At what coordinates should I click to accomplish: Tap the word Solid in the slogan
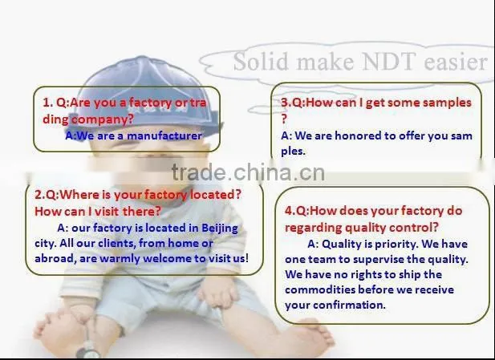pyautogui.click(x=261, y=62)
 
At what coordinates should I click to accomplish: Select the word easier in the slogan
pyautogui.click(x=456, y=62)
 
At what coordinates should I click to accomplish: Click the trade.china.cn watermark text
pyautogui.click(x=248, y=172)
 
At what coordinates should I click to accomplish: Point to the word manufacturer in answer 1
pyautogui.click(x=164, y=136)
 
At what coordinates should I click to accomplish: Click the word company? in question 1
pyautogui.click(x=102, y=119)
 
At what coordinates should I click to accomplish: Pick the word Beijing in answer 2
pyautogui.click(x=220, y=229)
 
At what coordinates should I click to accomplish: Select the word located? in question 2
pyautogui.click(x=216, y=194)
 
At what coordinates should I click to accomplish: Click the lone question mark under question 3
pyautogui.click(x=284, y=119)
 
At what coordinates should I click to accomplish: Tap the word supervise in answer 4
pyautogui.click(x=379, y=259)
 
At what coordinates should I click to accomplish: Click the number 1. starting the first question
pyautogui.click(x=47, y=103)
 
